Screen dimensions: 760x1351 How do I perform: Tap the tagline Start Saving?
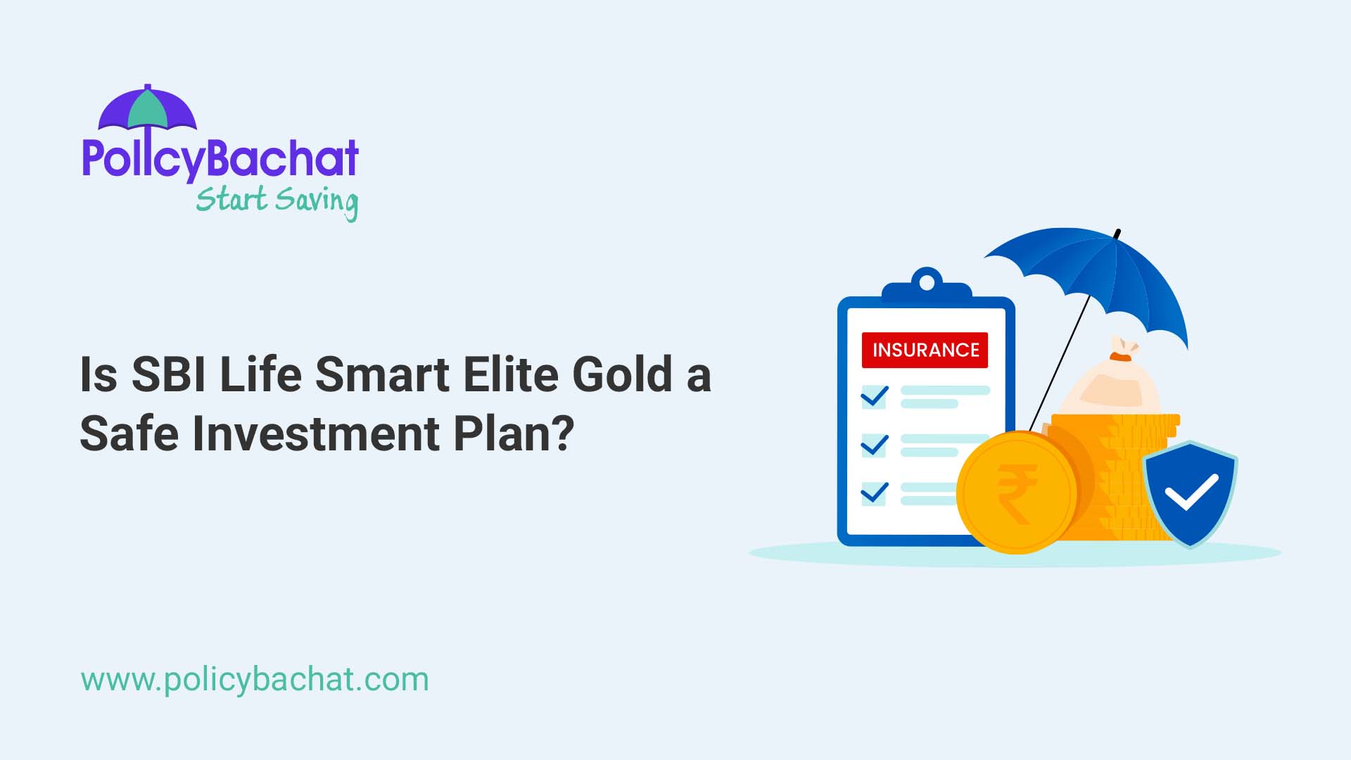(277, 201)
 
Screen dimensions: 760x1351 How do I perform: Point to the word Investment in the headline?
(316, 433)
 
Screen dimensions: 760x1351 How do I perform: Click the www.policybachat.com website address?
(255, 680)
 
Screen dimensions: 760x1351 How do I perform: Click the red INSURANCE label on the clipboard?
(925, 350)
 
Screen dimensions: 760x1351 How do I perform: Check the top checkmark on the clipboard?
(875, 396)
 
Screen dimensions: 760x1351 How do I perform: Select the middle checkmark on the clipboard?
(875, 445)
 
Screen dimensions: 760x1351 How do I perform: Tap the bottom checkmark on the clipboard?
(875, 492)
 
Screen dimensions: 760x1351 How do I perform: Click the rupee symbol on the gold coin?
(1017, 493)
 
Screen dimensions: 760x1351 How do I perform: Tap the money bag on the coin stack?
(1112, 384)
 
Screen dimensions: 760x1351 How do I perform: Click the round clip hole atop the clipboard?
(927, 283)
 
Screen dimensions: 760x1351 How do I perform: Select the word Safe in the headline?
(129, 433)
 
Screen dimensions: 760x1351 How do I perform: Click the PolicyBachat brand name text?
(220, 158)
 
